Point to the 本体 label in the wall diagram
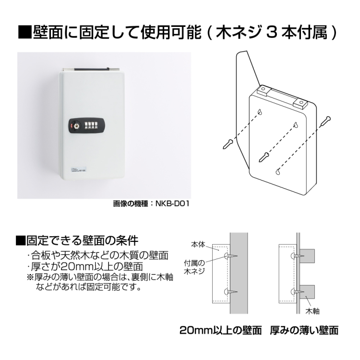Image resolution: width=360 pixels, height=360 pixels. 198,244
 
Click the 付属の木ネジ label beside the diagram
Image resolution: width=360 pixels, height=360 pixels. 195,267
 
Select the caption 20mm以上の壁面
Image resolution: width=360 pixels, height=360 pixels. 220,331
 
